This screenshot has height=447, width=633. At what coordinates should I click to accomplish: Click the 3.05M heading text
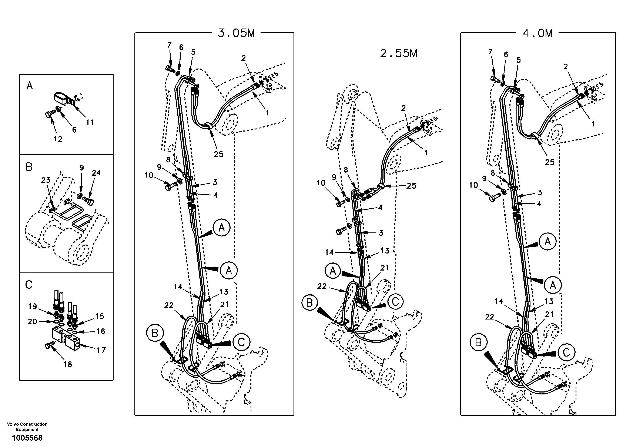236,33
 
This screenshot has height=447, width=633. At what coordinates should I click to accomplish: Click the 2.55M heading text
398,53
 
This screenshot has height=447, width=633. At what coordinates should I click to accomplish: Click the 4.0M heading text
538,33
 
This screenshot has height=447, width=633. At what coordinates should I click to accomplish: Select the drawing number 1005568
27,438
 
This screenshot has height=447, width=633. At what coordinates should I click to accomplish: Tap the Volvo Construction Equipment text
27,427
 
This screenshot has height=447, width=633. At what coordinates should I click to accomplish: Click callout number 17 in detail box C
101,350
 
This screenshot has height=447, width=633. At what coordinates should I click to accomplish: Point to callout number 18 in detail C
68,364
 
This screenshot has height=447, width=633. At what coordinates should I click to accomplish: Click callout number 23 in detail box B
46,181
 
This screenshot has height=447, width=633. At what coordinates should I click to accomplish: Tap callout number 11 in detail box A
90,122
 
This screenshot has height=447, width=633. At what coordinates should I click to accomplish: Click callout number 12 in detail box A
58,139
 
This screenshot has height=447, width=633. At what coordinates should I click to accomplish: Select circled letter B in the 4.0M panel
478,343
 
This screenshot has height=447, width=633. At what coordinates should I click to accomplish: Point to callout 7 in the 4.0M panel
490,52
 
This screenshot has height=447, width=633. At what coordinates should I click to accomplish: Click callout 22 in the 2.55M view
322,287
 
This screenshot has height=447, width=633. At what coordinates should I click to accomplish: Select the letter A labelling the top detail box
30,86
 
